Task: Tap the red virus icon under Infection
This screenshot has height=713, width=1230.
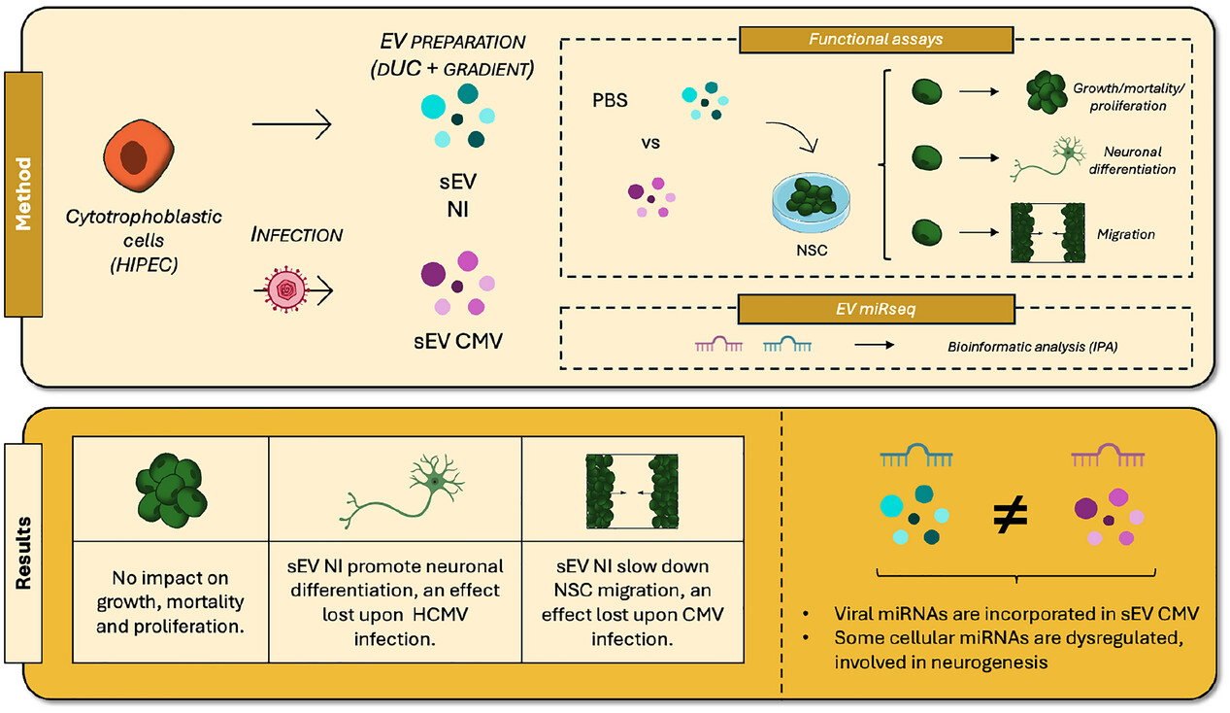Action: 286,289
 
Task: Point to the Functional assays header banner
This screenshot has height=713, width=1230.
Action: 877,40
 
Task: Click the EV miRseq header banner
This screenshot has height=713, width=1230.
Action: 877,307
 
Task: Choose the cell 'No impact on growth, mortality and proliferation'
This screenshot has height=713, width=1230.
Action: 171,598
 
